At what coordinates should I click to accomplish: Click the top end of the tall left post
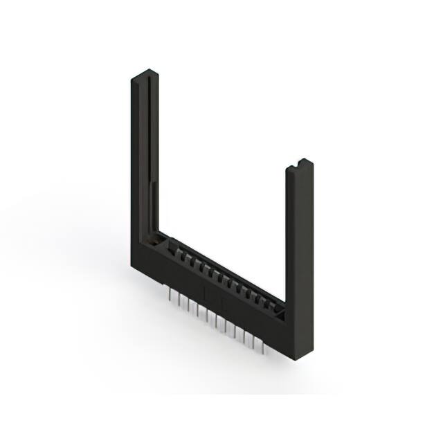coord(143,74)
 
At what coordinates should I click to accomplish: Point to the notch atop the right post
coord(300,163)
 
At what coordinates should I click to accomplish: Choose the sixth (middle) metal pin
coord(215,320)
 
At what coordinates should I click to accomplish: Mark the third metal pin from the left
coord(189,307)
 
